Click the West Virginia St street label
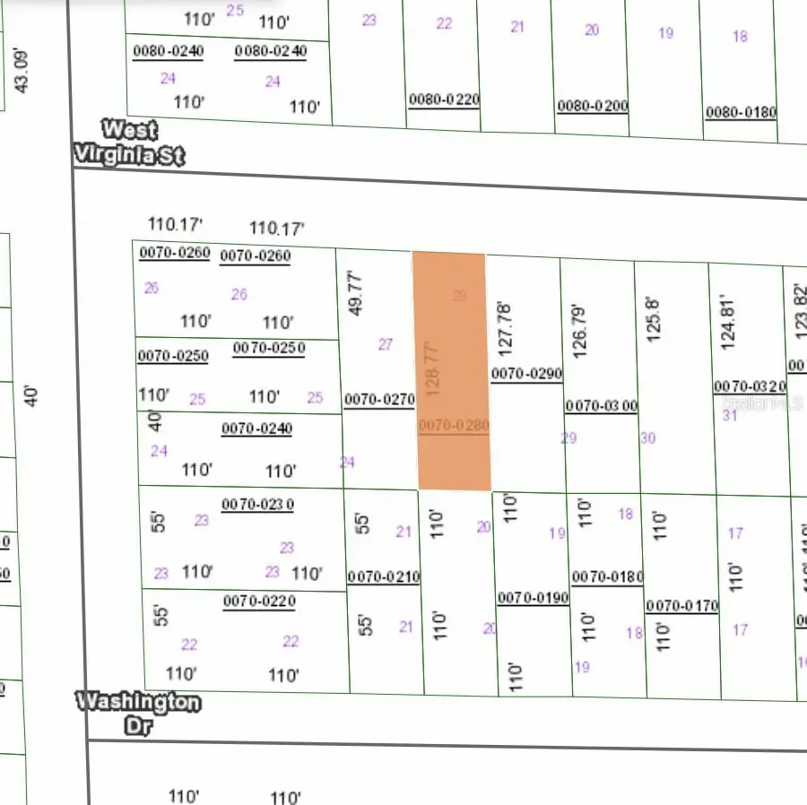coord(128,143)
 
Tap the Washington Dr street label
coord(138,713)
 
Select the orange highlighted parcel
coord(452,372)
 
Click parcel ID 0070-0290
coord(526,372)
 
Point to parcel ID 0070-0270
coord(379,401)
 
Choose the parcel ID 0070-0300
coord(601,406)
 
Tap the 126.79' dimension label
coord(579,330)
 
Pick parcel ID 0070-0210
coord(383,576)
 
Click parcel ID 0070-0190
coord(534,597)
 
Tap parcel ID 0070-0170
coord(682,606)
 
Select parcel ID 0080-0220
coord(444,100)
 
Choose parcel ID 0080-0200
coord(592,106)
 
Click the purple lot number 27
coord(386,344)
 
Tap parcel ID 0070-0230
coord(257,505)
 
